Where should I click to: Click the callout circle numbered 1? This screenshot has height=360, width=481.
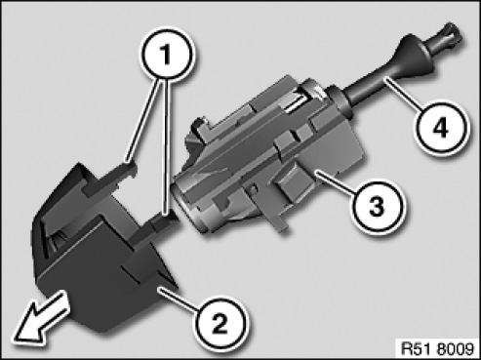tap(167, 54)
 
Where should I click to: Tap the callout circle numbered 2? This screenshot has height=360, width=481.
tap(220, 323)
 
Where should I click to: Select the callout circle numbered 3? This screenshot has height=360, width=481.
tap(377, 206)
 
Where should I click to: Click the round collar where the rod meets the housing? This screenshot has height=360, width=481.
tap(340, 101)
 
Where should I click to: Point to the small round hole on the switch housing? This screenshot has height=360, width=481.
tap(254, 188)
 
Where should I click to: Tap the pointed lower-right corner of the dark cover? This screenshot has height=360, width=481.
tap(178, 287)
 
